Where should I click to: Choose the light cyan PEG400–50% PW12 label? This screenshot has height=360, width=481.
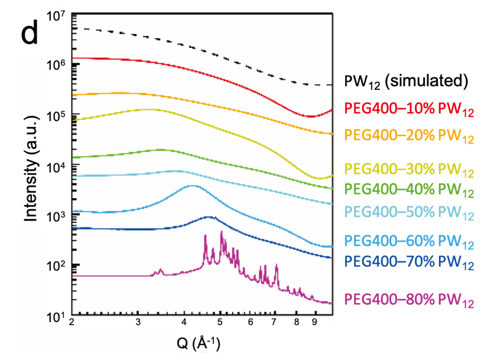pos(409,212)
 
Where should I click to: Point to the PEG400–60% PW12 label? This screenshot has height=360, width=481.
pos(409,242)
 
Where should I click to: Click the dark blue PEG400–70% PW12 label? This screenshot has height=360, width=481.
pos(409,262)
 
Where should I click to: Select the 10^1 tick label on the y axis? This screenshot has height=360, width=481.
pos(54,316)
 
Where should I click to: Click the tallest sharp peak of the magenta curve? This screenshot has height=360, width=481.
pos(221,232)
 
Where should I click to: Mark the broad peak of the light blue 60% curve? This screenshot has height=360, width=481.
pos(193,186)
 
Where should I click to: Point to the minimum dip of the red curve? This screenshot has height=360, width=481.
pos(311,116)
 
